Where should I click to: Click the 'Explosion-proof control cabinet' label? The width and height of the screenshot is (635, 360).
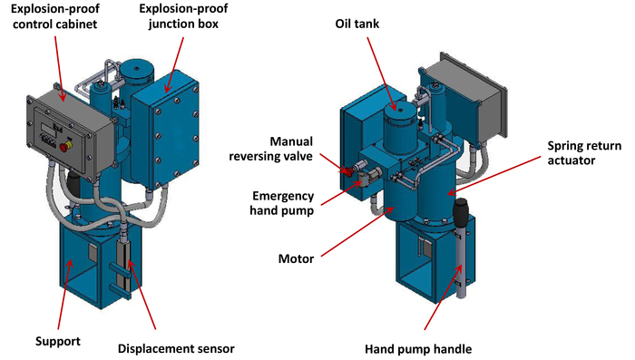[x=55, y=16]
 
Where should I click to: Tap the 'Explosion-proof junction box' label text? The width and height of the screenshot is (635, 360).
[x=183, y=16]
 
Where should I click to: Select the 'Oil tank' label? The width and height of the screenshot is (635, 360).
[x=357, y=24]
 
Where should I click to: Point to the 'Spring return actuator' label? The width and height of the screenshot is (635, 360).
[x=584, y=152]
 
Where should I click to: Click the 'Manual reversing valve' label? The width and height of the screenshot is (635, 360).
[x=271, y=149]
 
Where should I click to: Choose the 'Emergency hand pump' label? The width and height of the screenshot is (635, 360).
[x=282, y=203]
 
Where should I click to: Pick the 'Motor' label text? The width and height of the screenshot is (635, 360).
[x=296, y=258]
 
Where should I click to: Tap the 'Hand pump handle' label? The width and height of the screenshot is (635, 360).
[x=418, y=349]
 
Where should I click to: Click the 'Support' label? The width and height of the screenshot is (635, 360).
[x=58, y=341]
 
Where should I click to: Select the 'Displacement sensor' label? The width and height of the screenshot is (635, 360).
[x=176, y=348]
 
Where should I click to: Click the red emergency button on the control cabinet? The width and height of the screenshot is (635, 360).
[x=64, y=147]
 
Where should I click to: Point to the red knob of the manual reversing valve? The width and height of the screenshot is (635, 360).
[x=347, y=170]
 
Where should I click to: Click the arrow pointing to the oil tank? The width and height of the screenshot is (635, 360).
[x=382, y=73]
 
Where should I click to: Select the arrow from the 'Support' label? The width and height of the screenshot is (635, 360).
[x=64, y=295]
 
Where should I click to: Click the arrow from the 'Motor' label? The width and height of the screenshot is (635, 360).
[x=357, y=231]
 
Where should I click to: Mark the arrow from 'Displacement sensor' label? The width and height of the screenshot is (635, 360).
[x=142, y=294]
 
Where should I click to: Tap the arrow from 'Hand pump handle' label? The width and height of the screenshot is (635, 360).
[x=443, y=297]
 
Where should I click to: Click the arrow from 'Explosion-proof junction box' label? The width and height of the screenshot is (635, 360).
[x=174, y=64]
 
